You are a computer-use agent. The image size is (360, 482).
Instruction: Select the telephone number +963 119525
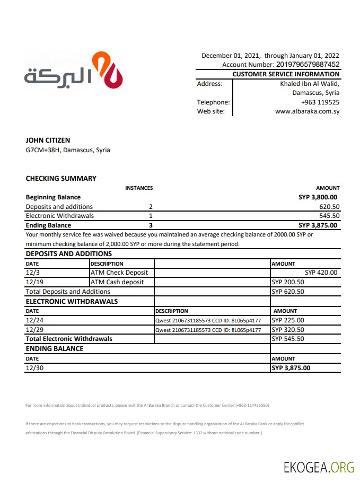click(320, 102)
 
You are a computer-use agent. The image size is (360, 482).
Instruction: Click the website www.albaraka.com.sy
click(307, 111)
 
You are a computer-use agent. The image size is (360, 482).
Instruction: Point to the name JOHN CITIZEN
click(48, 141)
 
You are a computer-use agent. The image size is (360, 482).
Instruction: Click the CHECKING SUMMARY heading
click(61, 179)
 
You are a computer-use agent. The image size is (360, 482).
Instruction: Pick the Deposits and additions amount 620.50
click(329, 207)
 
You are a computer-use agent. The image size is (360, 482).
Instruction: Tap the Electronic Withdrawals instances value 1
click(151, 216)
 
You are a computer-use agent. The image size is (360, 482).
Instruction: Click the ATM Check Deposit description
click(119, 273)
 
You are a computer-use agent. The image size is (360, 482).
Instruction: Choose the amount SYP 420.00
click(321, 273)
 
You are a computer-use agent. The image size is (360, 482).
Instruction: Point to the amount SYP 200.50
click(288, 282)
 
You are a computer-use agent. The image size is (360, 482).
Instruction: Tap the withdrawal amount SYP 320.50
click(288, 329)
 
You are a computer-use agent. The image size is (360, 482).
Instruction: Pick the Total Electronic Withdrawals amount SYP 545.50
click(288, 339)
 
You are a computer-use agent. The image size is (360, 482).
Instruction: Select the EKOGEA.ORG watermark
click(319, 467)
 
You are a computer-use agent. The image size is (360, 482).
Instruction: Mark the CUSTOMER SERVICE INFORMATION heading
click(286, 74)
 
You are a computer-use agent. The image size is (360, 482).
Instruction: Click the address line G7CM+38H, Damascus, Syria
click(68, 150)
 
